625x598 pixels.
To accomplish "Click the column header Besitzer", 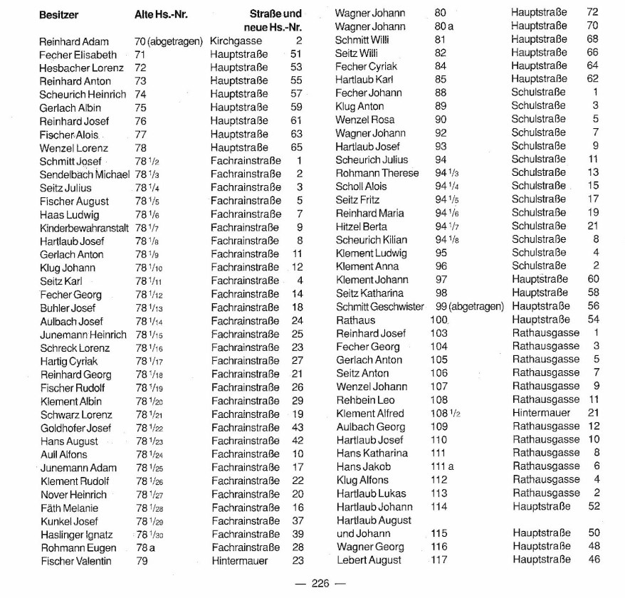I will point(58,14).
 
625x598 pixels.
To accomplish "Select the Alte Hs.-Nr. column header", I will point(161,14).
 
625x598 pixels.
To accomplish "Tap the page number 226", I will point(320,584).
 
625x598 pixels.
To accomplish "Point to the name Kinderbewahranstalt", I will point(84,228).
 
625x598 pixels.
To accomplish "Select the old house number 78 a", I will point(145,547).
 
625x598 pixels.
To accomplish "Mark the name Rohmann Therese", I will point(377,173).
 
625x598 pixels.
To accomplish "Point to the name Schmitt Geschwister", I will point(379,306).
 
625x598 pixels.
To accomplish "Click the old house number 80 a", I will point(444,26).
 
